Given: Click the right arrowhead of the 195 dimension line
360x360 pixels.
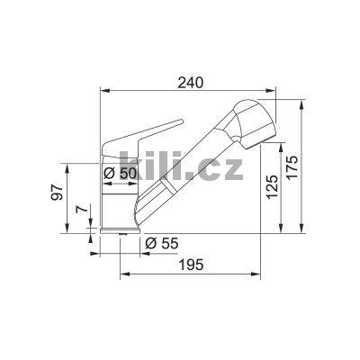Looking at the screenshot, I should click(267, 274).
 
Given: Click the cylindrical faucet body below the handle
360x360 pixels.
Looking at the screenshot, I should click(116, 202).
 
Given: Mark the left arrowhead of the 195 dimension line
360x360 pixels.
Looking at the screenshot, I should click(122, 274).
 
